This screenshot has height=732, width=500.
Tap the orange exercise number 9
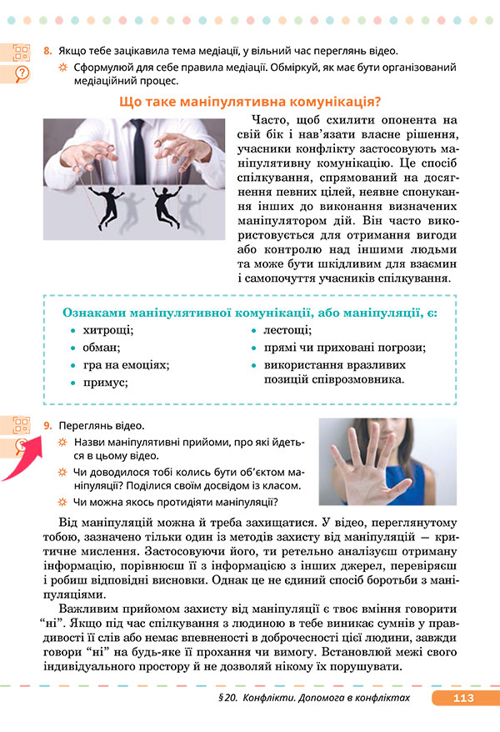[47, 425]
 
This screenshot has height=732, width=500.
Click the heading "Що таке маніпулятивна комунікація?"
[250, 103]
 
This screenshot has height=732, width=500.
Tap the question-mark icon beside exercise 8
[22, 73]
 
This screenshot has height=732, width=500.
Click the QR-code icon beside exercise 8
[22, 53]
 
